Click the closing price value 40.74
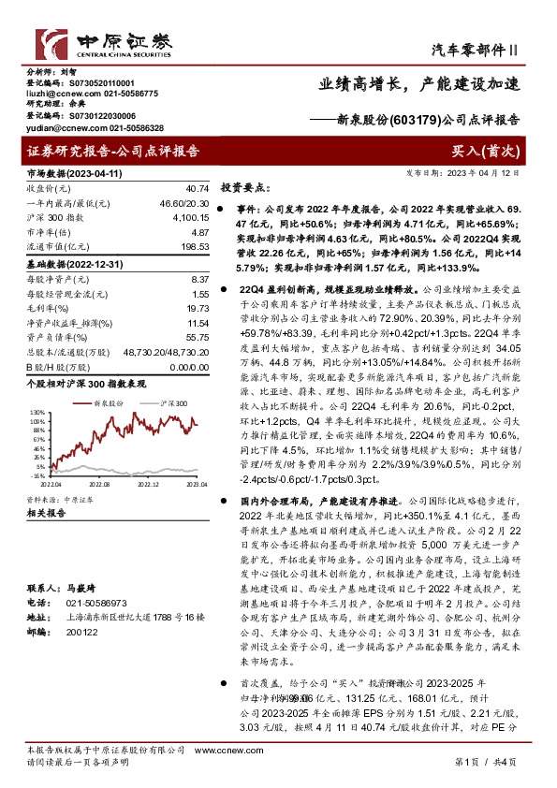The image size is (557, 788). coord(198,189)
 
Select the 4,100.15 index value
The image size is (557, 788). coord(191,216)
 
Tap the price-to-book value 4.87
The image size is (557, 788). coord(199,230)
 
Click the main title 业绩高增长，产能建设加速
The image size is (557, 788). coord(418,83)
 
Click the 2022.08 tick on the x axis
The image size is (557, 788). coord(99,485)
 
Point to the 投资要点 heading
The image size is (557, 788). coord(245,186)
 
